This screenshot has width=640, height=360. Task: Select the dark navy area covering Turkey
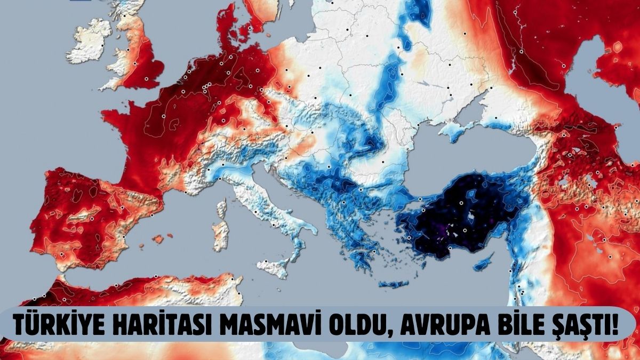point(459,219)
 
